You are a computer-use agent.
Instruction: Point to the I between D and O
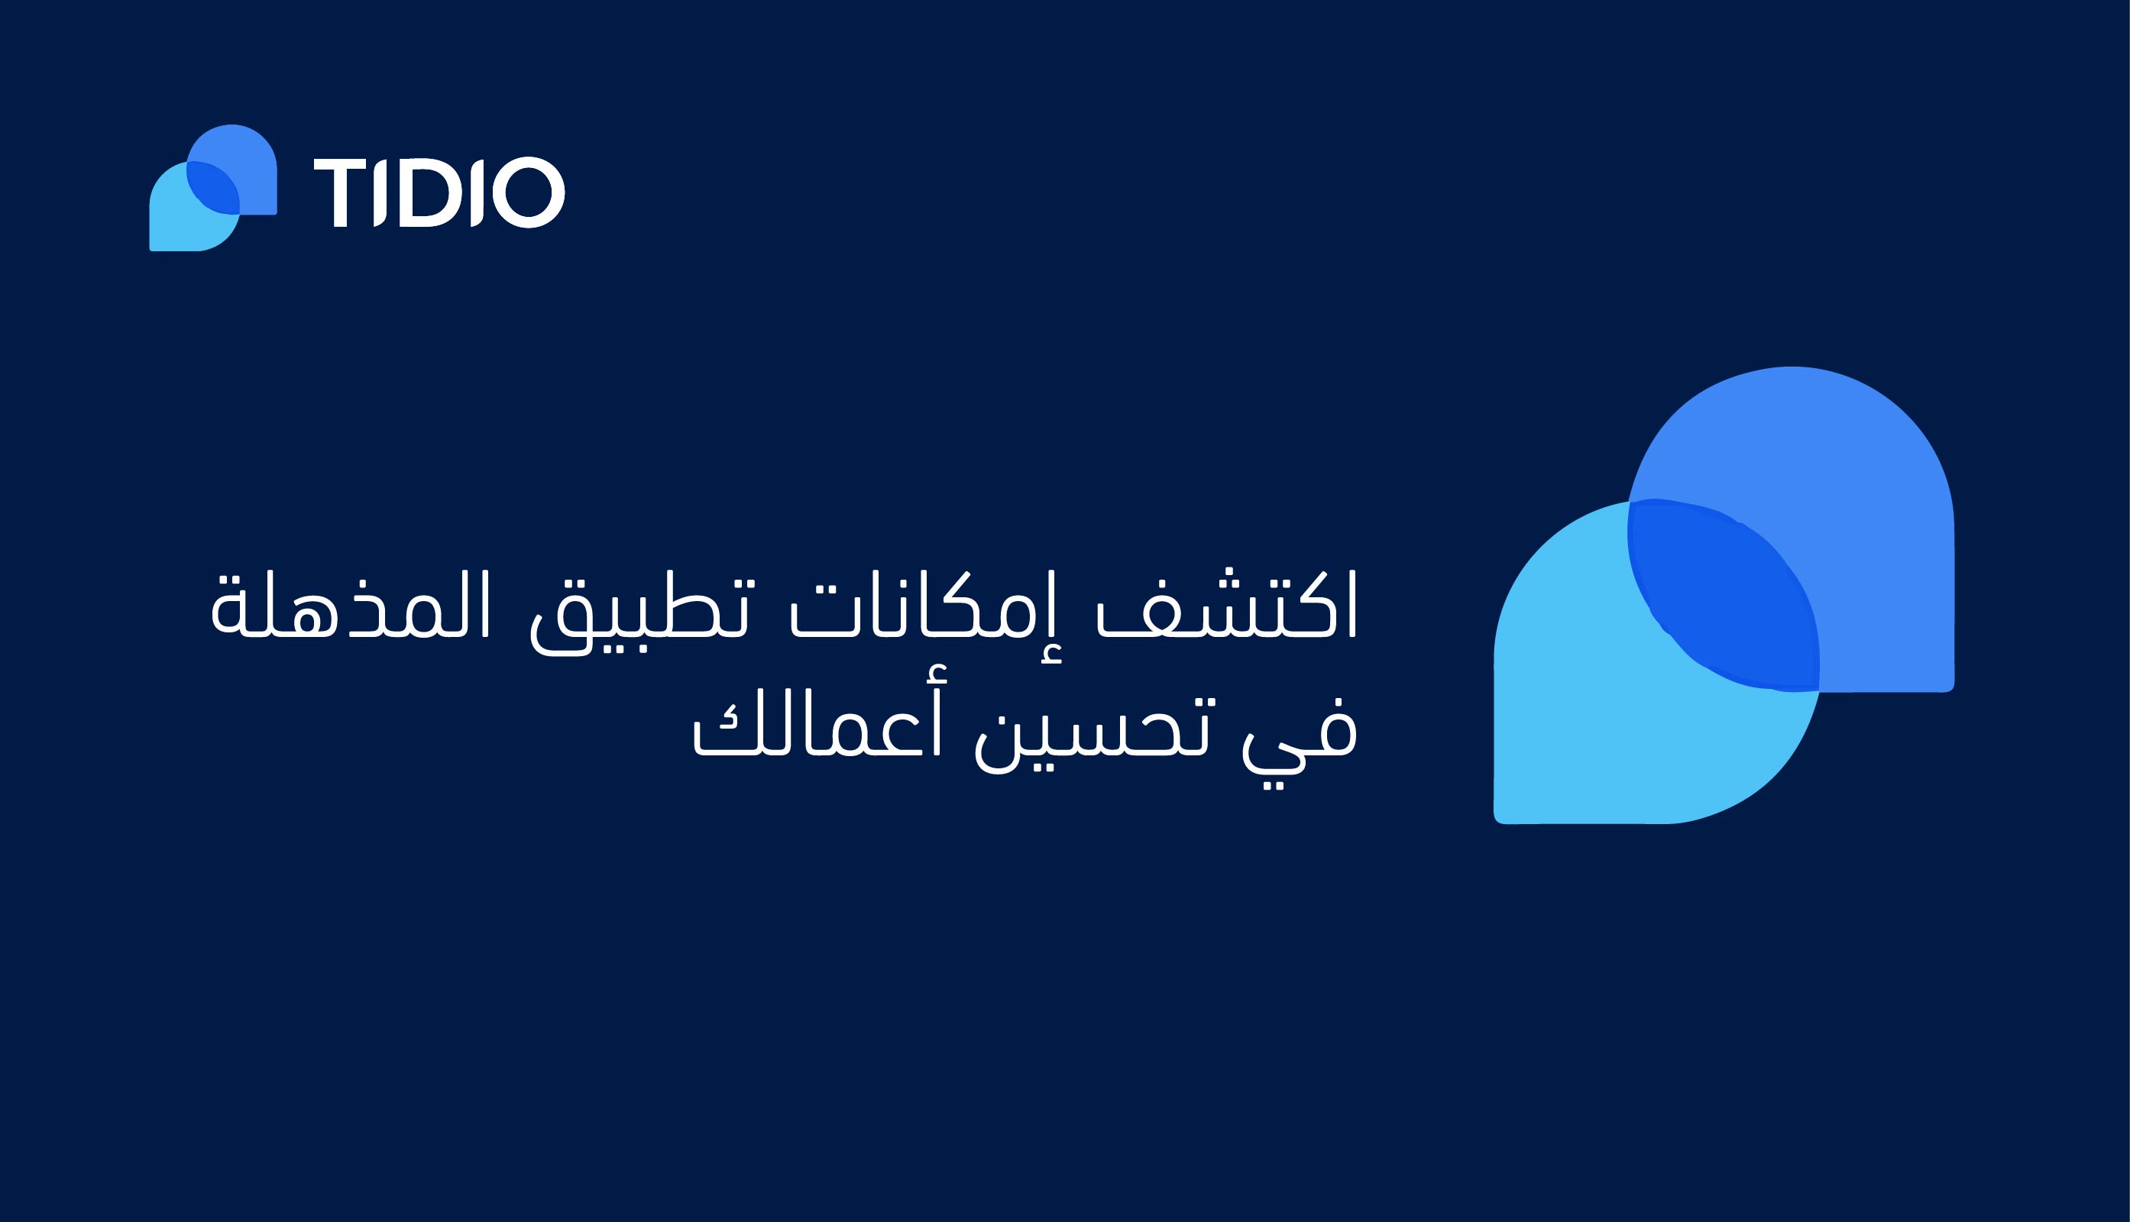click(477, 193)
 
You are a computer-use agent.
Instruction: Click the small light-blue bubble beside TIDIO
click(180, 222)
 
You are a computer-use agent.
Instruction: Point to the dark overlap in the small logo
click(213, 188)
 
